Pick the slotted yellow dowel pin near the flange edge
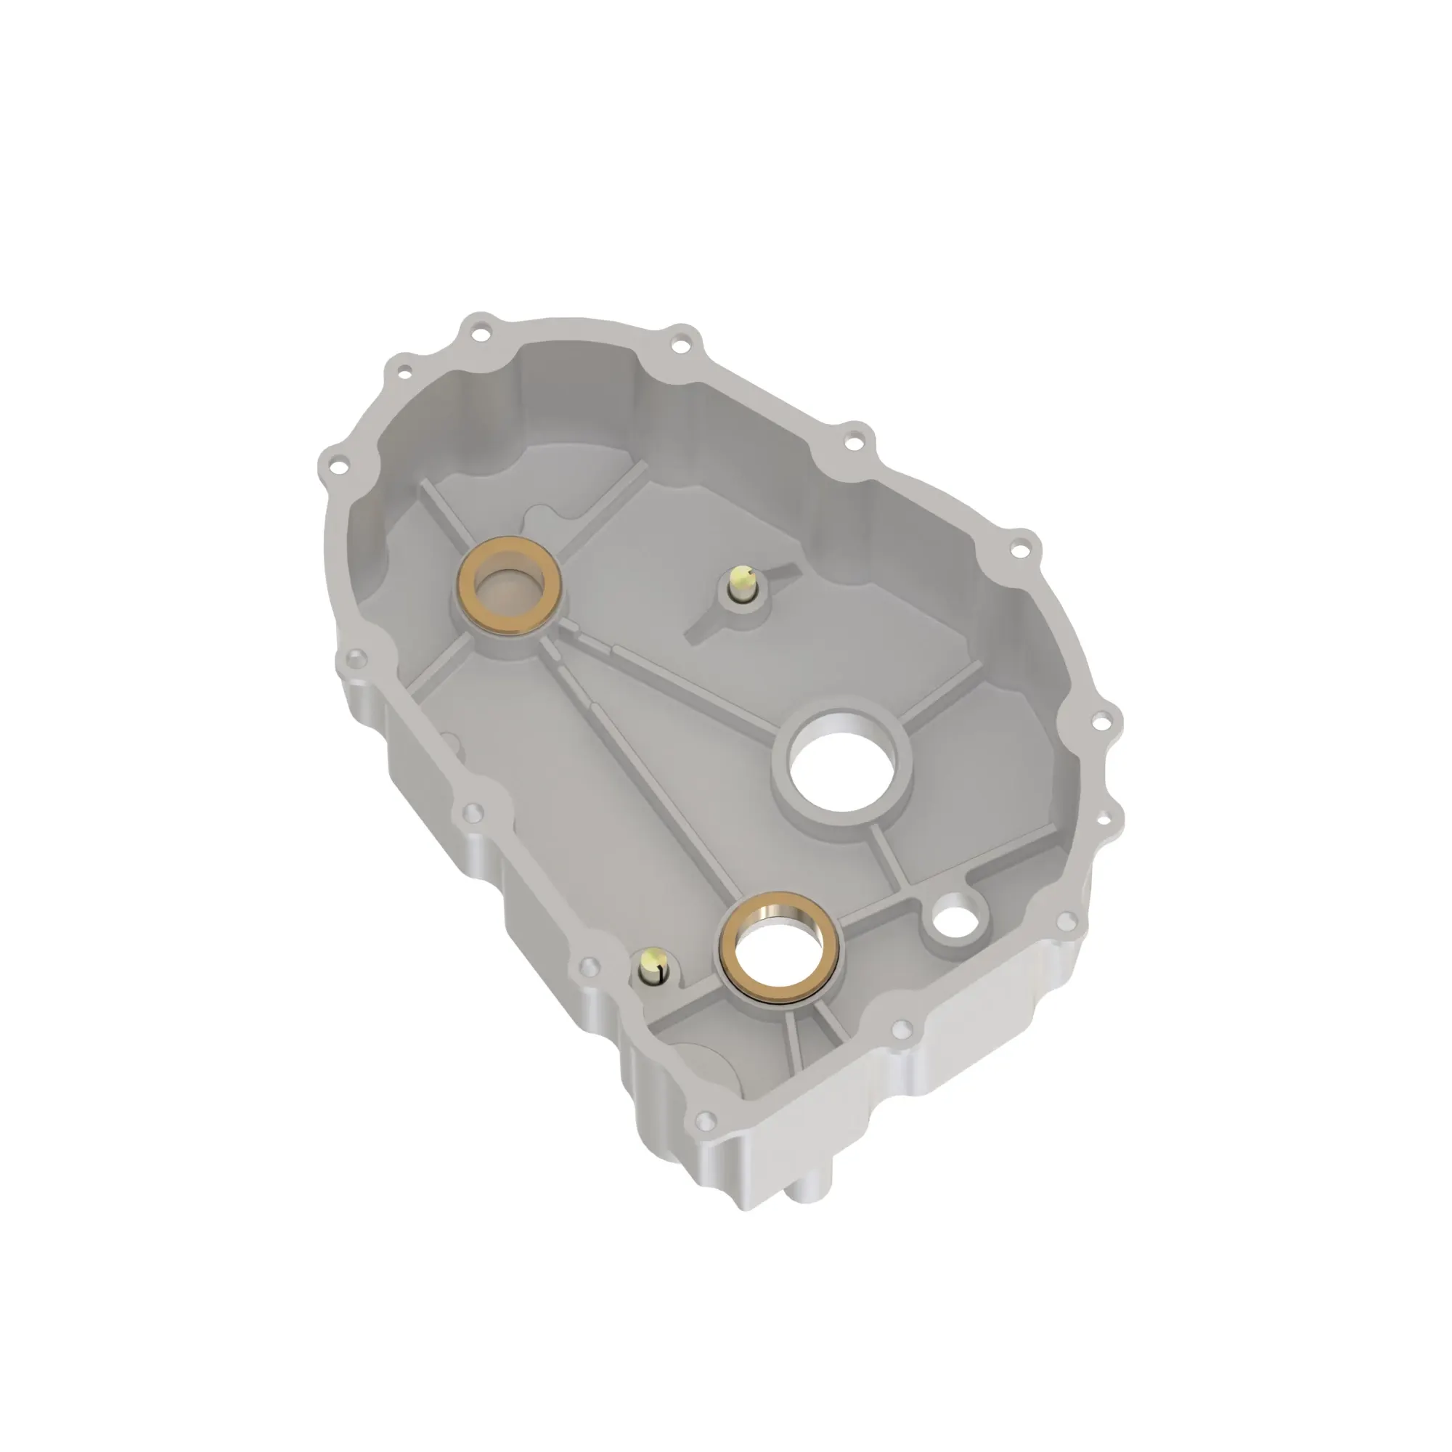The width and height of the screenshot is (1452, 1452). click(653, 969)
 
